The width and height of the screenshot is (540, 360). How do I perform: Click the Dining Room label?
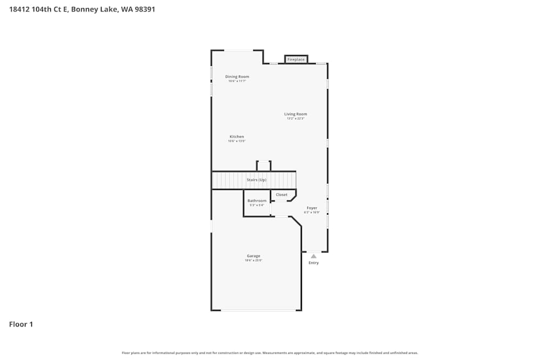coord(237,77)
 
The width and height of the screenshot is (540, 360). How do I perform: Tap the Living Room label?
coord(296,114)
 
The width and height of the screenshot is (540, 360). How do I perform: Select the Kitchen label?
coord(237,137)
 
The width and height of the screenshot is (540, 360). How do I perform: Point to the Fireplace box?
coord(296,59)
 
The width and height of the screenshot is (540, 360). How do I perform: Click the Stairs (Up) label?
coord(256,180)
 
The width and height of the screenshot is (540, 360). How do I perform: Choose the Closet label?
coord(282,195)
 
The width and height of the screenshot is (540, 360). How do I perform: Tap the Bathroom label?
coord(257,201)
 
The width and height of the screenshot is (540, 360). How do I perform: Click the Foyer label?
coord(312,208)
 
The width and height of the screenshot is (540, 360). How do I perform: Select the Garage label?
coord(254,256)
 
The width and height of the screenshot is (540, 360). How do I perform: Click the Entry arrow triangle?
coord(314,256)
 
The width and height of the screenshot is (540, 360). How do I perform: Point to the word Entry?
coord(314,263)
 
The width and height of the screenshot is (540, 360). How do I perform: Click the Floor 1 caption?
coord(21,324)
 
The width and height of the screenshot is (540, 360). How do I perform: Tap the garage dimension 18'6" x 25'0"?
coord(254,261)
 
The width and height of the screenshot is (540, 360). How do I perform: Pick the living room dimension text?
coord(296,119)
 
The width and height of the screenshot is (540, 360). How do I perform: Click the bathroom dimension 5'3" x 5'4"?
coord(257,205)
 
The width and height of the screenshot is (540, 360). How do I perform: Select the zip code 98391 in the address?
coord(144,9)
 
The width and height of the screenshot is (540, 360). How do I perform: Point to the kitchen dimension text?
coord(237,141)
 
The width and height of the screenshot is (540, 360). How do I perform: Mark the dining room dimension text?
coord(237,81)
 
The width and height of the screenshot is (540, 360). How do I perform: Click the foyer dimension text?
coord(312,213)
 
